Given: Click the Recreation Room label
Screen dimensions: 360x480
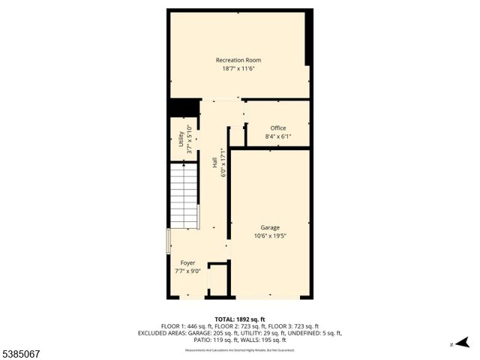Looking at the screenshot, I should pos(238,60).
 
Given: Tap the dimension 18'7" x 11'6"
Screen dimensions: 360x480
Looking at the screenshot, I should pos(238,69).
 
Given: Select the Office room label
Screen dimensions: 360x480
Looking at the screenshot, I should pos(278,128).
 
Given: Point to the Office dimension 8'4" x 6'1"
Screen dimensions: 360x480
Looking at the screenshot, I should pos(278,136).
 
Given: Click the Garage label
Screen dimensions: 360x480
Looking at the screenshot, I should pos(270,227).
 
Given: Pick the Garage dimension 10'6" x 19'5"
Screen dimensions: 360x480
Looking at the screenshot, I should pos(270,235).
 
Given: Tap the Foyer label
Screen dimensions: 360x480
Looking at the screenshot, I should pos(187,263).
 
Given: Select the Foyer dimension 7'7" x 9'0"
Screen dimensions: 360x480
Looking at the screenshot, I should pos(187,271).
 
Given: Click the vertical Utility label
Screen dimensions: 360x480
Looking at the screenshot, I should pos(181,139).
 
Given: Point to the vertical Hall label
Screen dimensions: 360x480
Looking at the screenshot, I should pos(214,161).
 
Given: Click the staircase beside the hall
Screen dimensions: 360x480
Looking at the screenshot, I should pos(184,196).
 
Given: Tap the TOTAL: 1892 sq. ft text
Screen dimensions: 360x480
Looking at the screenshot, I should pos(239,319).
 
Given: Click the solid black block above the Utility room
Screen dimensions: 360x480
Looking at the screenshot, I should pos(184,108).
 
